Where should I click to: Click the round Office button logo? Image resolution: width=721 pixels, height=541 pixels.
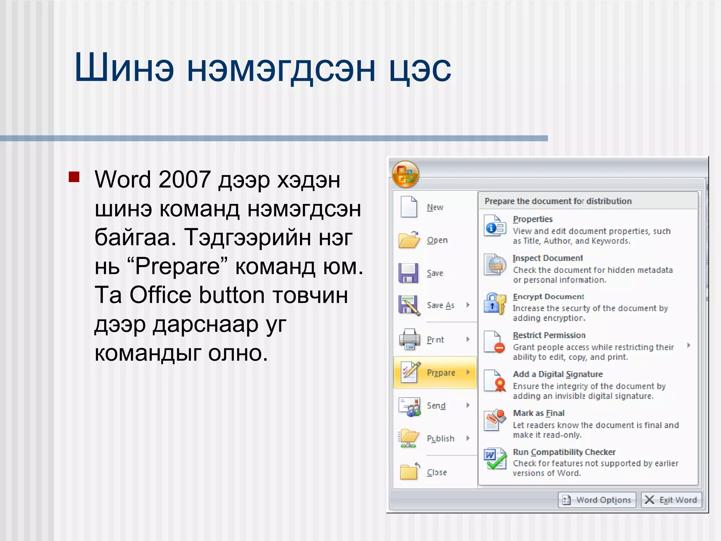click(405, 174)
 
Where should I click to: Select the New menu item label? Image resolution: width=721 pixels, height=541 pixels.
click(435, 207)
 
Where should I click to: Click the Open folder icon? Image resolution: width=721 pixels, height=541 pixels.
click(409, 240)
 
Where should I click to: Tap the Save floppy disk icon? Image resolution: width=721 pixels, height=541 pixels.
click(408, 273)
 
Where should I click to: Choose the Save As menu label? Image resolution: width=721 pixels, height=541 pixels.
click(440, 305)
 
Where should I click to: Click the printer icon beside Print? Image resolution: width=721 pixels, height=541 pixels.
click(409, 339)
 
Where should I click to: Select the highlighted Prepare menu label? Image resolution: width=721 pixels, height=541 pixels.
click(441, 373)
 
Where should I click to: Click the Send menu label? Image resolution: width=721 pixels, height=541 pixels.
click(436, 405)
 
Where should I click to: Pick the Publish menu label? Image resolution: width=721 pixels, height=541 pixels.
click(440, 439)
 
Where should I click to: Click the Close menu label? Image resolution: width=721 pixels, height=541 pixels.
click(437, 472)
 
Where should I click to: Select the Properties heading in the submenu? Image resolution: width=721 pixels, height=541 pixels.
click(533, 219)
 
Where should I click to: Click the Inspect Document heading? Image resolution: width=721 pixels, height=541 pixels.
click(547, 258)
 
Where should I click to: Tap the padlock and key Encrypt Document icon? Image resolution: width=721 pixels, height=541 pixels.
click(495, 304)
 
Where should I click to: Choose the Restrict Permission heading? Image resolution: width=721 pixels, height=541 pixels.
click(549, 335)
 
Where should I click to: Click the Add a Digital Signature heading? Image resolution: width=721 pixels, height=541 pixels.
click(558, 374)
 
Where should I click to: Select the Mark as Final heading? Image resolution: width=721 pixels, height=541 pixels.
click(539, 413)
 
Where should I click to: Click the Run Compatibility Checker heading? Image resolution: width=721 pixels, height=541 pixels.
click(564, 452)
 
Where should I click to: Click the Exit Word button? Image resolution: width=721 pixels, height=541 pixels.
click(671, 500)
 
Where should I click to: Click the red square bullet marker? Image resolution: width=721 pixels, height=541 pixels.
click(74, 176)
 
